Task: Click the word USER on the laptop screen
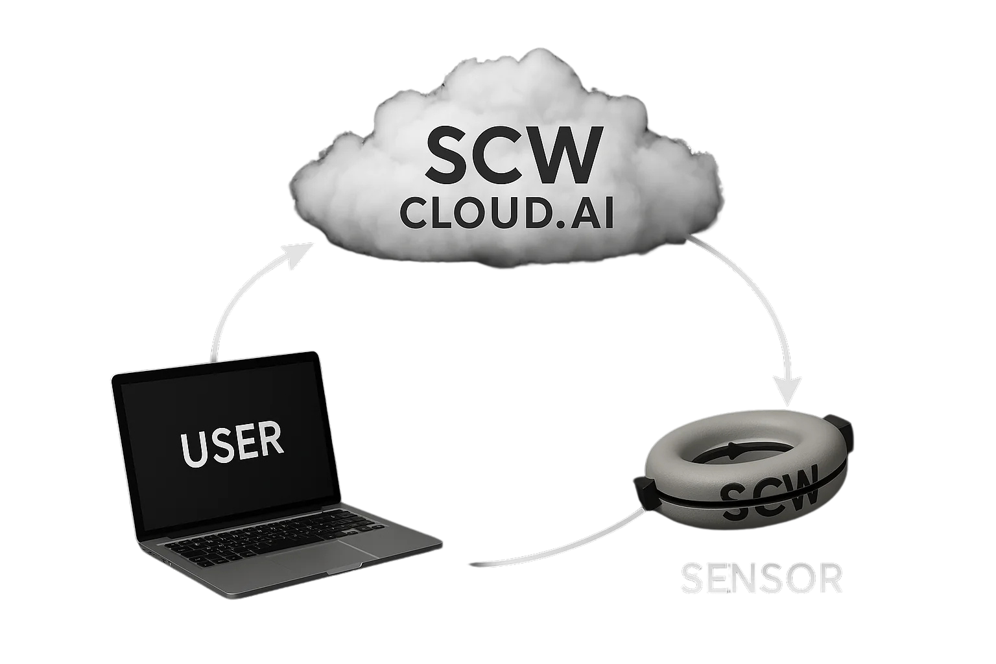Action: pos(231,444)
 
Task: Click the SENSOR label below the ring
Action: pos(761,578)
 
